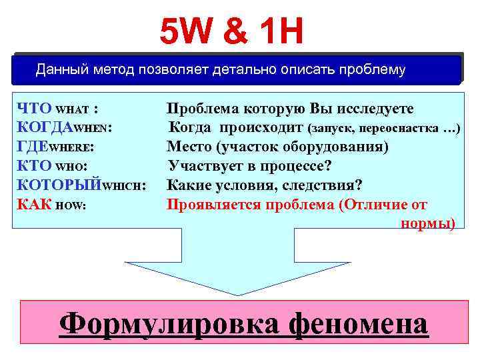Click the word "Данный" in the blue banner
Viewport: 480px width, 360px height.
(x=59, y=69)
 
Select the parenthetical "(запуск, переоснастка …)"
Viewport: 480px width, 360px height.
(x=383, y=127)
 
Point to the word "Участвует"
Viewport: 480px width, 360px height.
(x=203, y=165)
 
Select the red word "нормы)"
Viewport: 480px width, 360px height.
(x=427, y=223)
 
